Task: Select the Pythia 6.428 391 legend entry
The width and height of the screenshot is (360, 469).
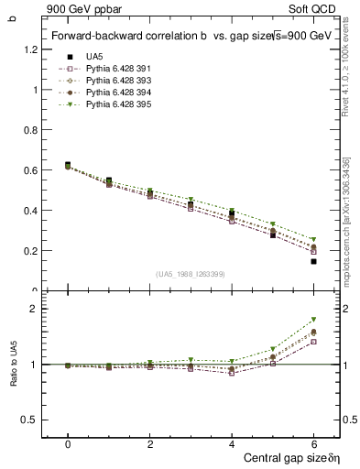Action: [x=115, y=69]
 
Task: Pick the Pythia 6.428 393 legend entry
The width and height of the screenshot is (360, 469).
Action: [x=115, y=81]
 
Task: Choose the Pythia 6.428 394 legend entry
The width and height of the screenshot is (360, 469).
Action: [x=115, y=93]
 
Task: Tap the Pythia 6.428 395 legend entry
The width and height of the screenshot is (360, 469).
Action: [x=115, y=104]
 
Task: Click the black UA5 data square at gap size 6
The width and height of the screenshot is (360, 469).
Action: [x=313, y=261]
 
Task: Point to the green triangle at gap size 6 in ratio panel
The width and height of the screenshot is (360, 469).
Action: [x=313, y=320]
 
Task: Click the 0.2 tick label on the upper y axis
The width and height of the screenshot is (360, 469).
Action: [x=31, y=250]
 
